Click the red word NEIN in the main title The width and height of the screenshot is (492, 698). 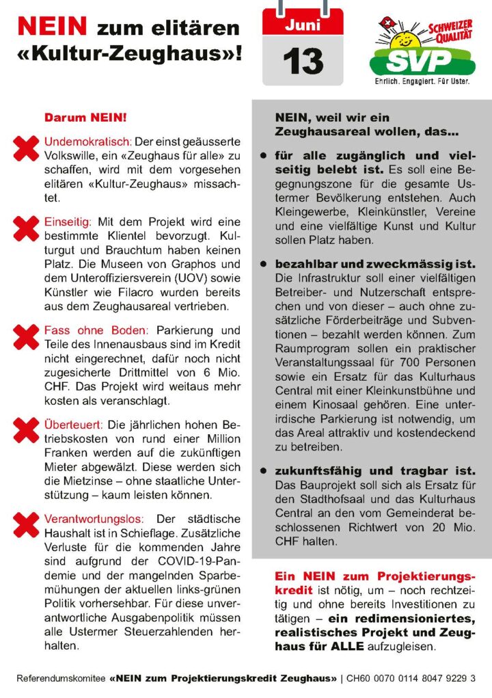coord(53,27)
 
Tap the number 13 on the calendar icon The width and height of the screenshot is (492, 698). coord(303,62)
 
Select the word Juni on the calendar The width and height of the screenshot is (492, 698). coord(303,26)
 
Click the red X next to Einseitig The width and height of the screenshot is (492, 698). coord(27,226)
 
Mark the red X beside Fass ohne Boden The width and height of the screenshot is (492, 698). coord(27,334)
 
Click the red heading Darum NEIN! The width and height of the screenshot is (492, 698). coord(85,118)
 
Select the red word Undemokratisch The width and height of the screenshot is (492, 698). coord(87,142)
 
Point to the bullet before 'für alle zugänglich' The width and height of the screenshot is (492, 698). coord(263,156)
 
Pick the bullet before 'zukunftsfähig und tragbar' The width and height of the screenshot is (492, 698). coord(263,472)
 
